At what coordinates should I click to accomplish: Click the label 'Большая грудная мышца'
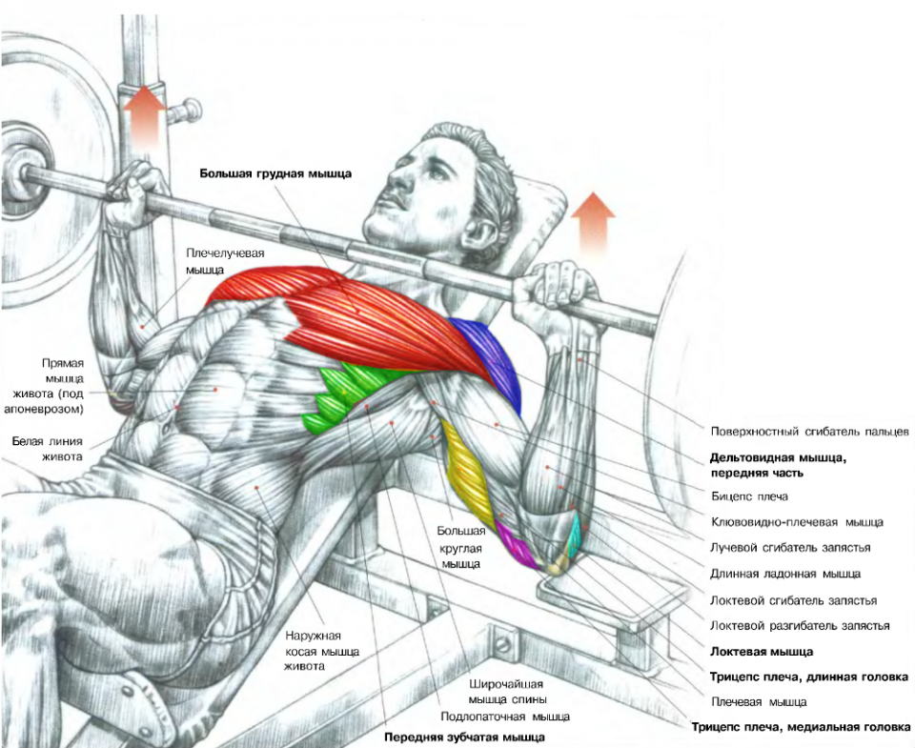275,173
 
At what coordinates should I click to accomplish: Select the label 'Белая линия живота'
47,449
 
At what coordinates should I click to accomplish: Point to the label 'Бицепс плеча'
749,496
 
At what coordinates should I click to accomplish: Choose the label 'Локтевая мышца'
762,652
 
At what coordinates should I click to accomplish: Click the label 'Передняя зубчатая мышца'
465,737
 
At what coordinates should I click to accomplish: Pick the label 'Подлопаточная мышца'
505,716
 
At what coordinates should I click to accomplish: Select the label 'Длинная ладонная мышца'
785,574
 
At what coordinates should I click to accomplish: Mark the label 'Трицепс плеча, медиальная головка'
801,726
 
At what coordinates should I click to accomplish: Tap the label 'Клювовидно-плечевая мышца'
797,522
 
